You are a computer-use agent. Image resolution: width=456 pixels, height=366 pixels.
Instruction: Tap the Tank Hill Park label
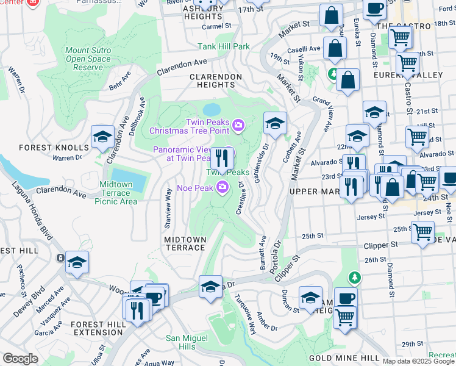224,46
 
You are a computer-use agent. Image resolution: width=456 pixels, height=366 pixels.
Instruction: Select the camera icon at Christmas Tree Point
238,126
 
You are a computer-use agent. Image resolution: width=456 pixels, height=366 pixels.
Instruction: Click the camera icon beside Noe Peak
223,187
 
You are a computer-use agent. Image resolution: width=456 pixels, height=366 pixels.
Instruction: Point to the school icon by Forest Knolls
102,138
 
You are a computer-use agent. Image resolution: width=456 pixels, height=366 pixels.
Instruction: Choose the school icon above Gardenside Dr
275,124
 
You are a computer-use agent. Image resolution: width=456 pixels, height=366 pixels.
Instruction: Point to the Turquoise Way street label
245,315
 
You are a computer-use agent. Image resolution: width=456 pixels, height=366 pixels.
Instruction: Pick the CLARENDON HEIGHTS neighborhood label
216,81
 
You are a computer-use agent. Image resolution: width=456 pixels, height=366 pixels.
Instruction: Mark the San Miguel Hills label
189,342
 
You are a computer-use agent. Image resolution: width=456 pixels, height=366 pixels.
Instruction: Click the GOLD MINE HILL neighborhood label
336,358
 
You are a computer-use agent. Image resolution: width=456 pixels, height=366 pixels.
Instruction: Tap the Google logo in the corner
20,359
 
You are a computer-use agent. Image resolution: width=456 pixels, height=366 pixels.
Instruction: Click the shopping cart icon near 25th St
422,232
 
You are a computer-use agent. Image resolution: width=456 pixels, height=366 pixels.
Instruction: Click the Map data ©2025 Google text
418,361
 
